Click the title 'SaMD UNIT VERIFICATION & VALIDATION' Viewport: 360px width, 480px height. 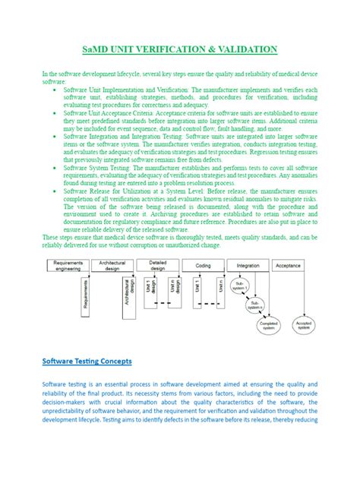[x=180, y=50]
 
